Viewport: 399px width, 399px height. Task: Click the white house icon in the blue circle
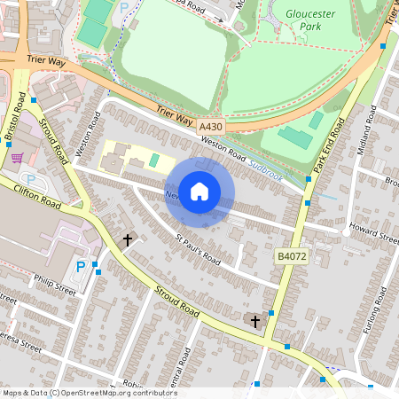tap(199, 192)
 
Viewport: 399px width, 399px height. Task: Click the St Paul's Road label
tap(197, 249)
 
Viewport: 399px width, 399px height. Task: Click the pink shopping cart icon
tap(17, 158)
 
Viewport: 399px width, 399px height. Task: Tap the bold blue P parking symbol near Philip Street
tap(82, 266)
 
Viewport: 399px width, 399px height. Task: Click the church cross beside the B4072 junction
tap(255, 320)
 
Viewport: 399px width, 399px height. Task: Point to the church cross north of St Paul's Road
tap(128, 239)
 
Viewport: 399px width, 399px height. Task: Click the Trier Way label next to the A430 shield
tap(175, 115)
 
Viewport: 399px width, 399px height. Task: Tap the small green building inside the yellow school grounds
tap(153, 160)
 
